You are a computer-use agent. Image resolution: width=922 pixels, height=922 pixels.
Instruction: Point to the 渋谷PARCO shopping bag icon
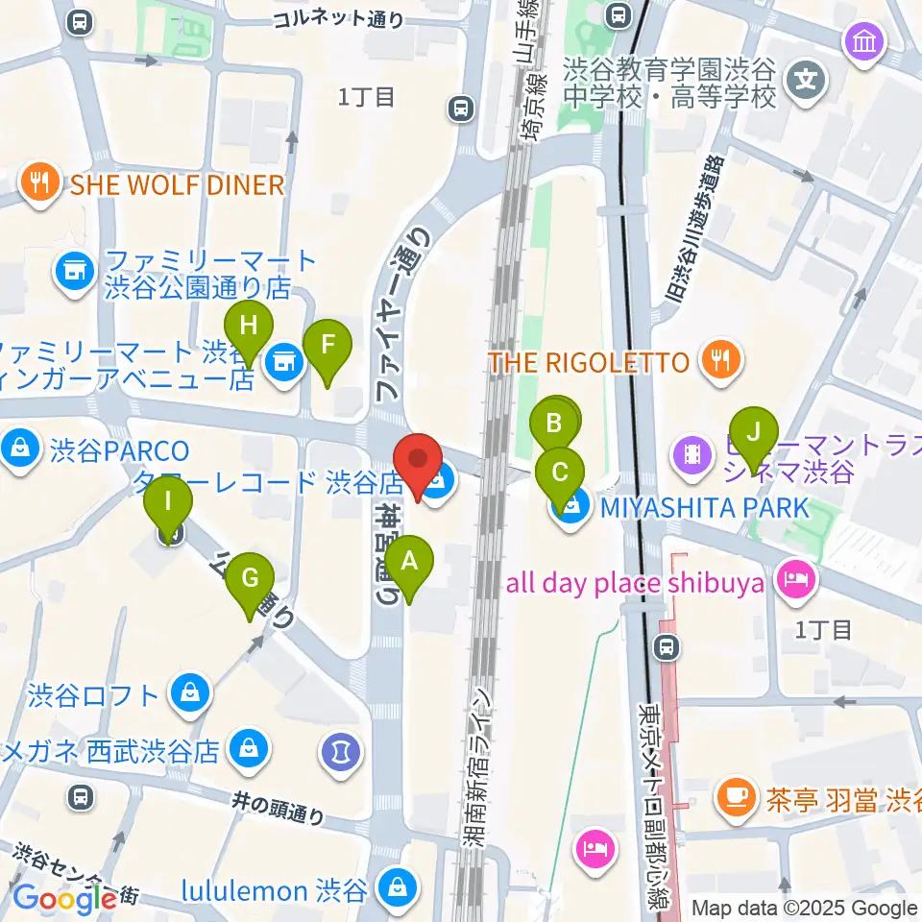click(18, 448)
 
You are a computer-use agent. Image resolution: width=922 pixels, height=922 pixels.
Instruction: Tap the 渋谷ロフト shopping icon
click(190, 692)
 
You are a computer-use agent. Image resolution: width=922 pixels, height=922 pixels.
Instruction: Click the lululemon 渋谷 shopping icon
click(394, 888)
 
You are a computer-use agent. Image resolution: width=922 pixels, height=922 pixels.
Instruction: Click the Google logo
click(64, 898)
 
